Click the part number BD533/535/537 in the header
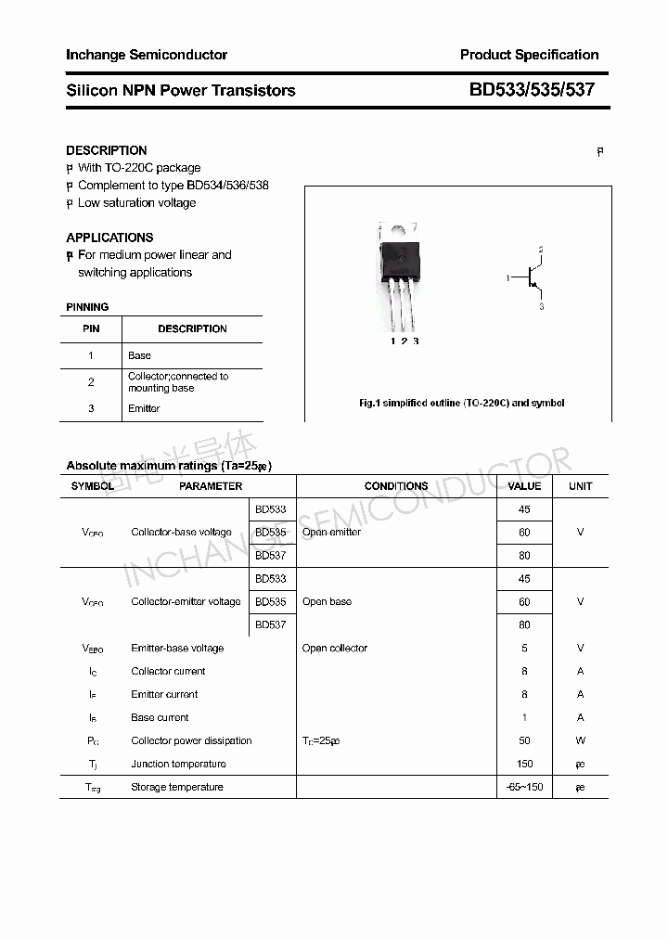coord(532,90)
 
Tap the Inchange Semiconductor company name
coord(147,55)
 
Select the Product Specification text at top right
coord(529,55)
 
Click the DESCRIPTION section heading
coord(107,150)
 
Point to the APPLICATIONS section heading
coord(109,238)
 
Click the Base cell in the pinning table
coord(139,355)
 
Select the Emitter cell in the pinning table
coord(144,408)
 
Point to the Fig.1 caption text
coord(461,403)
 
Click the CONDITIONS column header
coord(396,486)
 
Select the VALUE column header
coord(524,486)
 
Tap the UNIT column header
coord(581,486)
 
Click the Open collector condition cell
coord(335,648)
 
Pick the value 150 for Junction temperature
coord(525,764)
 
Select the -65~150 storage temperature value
coord(525,787)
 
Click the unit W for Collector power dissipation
coord(581,740)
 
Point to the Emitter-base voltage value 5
coord(525,648)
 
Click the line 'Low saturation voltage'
coord(136,202)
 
